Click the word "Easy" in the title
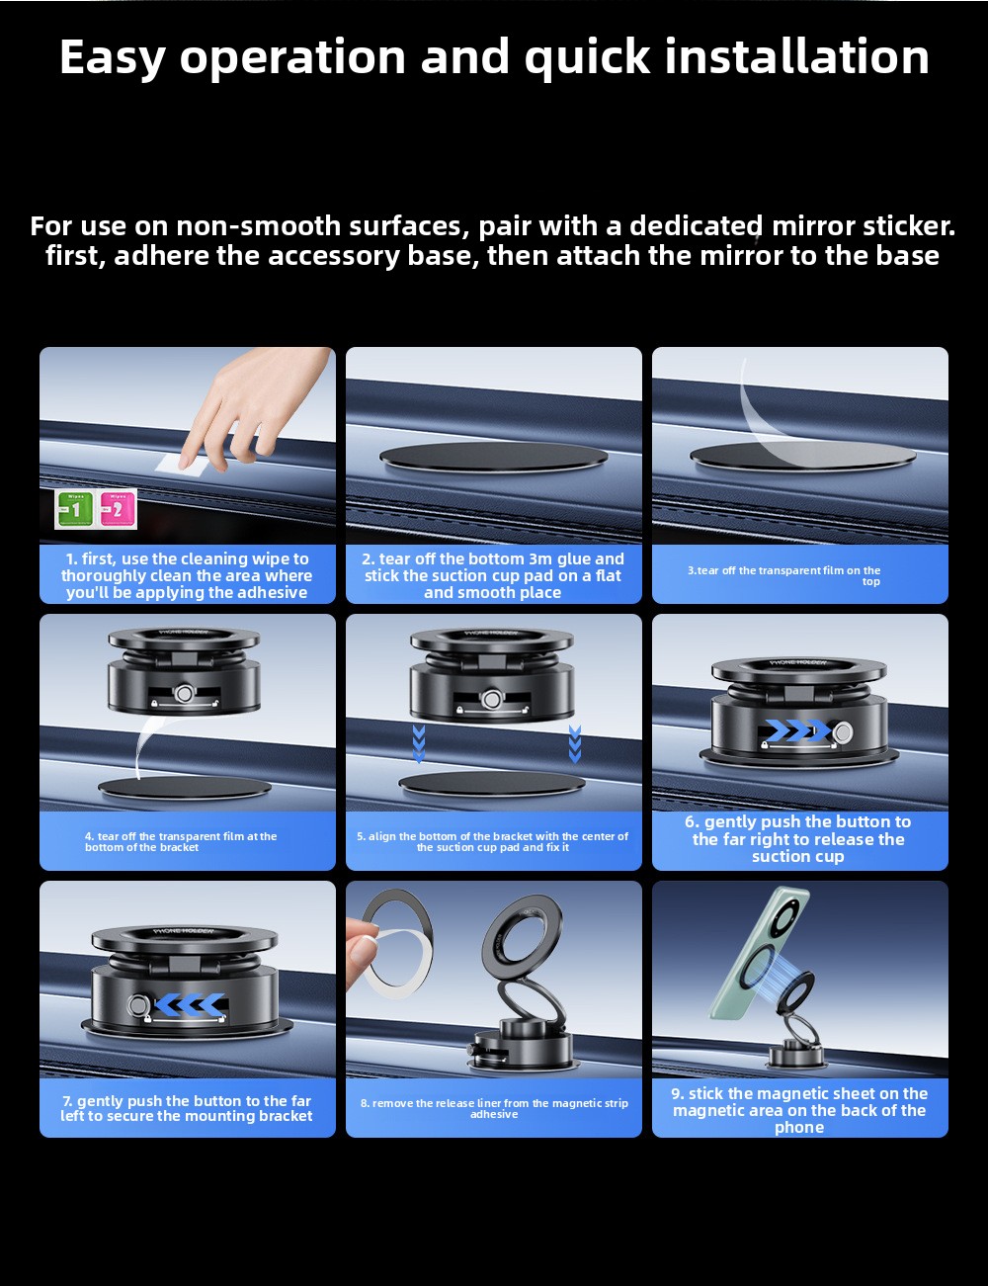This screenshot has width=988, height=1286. click(112, 57)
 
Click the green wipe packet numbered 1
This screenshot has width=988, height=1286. click(74, 508)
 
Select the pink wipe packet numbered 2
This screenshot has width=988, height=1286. click(117, 508)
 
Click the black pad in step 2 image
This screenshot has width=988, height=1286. click(493, 457)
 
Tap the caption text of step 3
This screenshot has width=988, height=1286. click(784, 575)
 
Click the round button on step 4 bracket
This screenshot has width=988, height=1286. click(185, 692)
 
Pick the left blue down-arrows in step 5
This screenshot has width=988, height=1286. click(419, 744)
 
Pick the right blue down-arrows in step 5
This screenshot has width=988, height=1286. click(575, 744)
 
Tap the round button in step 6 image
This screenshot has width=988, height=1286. click(843, 732)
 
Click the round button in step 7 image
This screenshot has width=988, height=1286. click(138, 1004)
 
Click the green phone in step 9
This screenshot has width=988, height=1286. click(758, 954)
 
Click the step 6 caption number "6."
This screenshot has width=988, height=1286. click(693, 821)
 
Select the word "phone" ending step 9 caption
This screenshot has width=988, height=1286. click(799, 1128)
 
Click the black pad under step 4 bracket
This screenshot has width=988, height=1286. click(185, 788)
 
